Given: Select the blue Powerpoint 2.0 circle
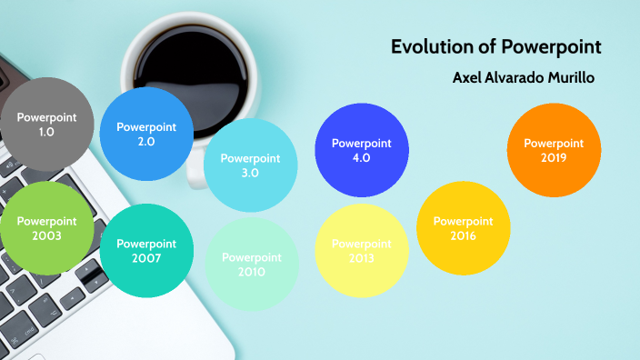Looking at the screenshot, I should (x=146, y=134).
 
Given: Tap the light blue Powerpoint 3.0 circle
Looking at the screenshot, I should (x=250, y=165).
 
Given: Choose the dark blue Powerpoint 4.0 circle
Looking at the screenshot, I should (x=362, y=150).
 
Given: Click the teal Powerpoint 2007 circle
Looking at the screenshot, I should (x=145, y=251).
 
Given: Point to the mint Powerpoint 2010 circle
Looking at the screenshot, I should (x=252, y=264).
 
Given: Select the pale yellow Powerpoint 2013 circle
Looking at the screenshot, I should (x=361, y=251).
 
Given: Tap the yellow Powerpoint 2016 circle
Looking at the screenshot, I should (x=463, y=228).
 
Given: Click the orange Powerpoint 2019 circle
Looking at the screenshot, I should (x=553, y=150).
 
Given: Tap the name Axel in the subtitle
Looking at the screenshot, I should (x=466, y=78).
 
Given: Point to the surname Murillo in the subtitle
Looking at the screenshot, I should (x=569, y=78).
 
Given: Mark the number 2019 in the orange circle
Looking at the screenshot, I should (x=553, y=157).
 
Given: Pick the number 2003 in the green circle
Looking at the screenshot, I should (x=45, y=235).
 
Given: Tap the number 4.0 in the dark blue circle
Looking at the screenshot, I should (x=362, y=157).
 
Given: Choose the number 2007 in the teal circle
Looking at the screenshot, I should (x=145, y=258).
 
